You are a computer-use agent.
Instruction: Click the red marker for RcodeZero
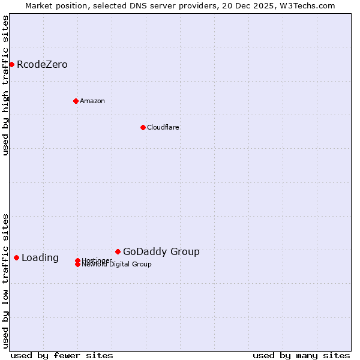pos(11,64)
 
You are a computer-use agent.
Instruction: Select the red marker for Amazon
pos(76,101)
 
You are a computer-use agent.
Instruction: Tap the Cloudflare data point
pos(143,127)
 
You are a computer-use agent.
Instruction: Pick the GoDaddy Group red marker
pos(118,251)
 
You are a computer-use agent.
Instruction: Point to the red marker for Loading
pos(16,257)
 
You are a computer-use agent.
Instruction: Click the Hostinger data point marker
pos(77,260)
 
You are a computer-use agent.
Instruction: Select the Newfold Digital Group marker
pos(77,264)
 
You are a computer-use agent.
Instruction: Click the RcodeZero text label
pos(42,65)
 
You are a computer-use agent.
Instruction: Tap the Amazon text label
pos(92,101)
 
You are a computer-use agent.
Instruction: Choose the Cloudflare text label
pos(163,127)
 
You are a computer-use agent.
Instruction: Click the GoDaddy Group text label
pos(161,252)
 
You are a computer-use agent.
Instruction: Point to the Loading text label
pos(40,258)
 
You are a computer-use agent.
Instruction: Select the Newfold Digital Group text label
pos(118,265)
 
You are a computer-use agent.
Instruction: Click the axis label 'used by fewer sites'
pos(62,355)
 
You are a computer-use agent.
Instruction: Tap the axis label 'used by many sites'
pos(301,355)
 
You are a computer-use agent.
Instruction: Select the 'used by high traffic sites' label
pos(5,86)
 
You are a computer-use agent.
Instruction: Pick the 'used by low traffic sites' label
pos(5,280)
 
